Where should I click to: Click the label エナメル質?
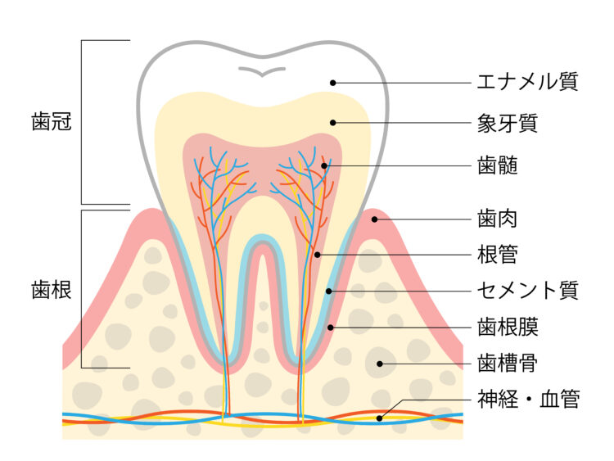pyautogui.click(x=527, y=82)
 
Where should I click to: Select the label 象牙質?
pyautogui.click(x=508, y=124)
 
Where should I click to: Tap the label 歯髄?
pyautogui.click(x=497, y=165)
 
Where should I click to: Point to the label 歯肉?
pyautogui.click(x=497, y=219)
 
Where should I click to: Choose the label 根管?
pyautogui.click(x=497, y=254)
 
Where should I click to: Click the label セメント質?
pyautogui.click(x=527, y=291)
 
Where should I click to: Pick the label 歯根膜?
pyautogui.click(x=508, y=327)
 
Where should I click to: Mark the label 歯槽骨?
pyautogui.click(x=508, y=364)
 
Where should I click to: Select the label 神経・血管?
pyautogui.click(x=528, y=400)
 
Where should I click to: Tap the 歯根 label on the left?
pyautogui.click(x=52, y=290)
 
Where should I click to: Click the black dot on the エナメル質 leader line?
pyautogui.click(x=333, y=83)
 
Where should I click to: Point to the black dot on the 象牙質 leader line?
pyautogui.click(x=333, y=123)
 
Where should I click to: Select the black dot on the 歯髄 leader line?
pyautogui.click(x=324, y=165)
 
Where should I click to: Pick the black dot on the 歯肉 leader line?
pyautogui.click(x=374, y=219)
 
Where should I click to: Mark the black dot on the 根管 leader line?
pyautogui.click(x=318, y=255)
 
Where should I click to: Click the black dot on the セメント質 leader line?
pyautogui.click(x=329, y=291)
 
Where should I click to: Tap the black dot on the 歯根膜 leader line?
pyautogui.click(x=331, y=327)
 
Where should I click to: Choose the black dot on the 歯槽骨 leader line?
pyautogui.click(x=379, y=364)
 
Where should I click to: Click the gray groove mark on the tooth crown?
pyautogui.click(x=262, y=73)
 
